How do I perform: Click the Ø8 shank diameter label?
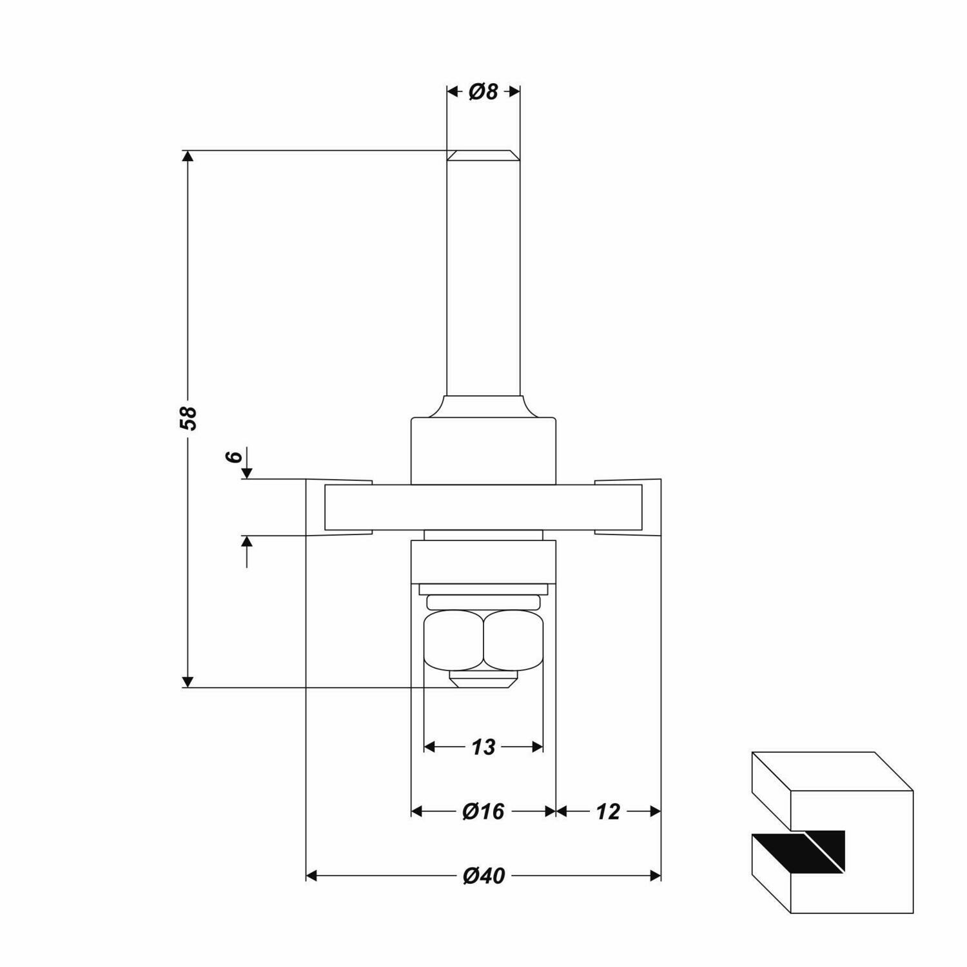pos(484,92)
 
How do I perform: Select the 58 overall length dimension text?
pos(188,418)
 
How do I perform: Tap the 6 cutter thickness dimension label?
pos(235,456)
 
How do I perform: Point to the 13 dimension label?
pos(484,747)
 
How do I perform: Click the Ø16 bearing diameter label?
pos(484,811)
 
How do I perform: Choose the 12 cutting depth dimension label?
pos(608,811)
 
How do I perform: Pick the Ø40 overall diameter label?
pos(484,875)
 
